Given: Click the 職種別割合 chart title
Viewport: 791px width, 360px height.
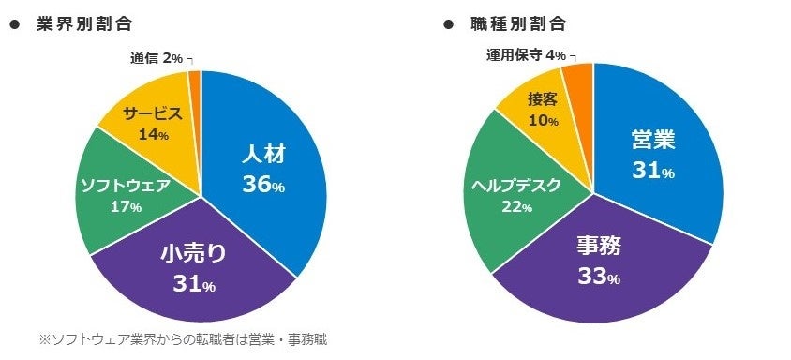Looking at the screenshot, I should (x=518, y=24).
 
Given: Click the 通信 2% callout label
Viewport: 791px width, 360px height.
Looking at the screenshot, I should (x=157, y=58).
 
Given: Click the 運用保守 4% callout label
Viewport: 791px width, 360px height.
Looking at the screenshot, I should (x=526, y=55).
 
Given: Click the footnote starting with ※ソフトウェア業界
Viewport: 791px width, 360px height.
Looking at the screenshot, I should (x=183, y=338).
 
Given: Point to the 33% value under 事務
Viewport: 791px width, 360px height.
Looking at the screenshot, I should (x=599, y=277).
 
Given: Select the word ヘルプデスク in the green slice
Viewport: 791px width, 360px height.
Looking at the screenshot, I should (x=516, y=185).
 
